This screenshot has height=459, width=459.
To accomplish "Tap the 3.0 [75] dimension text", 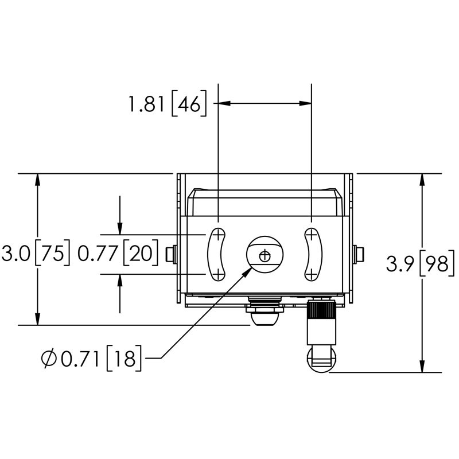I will click(x=36, y=253).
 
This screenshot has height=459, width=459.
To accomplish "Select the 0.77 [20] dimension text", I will click(x=118, y=253).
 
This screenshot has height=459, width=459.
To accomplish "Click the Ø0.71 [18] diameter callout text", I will click(x=92, y=359).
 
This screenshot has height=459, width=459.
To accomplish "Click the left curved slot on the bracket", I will click(x=217, y=254).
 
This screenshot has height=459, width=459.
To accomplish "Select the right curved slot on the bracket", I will click(x=312, y=254).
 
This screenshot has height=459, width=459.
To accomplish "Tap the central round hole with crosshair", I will click(x=264, y=254).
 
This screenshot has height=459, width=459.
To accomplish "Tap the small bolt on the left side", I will click(x=169, y=254).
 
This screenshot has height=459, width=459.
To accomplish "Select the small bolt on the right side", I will click(x=360, y=254).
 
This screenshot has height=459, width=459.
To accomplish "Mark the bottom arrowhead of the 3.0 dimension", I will click(x=38, y=320).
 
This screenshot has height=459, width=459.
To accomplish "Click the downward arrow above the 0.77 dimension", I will click(x=119, y=229).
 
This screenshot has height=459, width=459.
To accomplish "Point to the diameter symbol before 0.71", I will click(x=49, y=359).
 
